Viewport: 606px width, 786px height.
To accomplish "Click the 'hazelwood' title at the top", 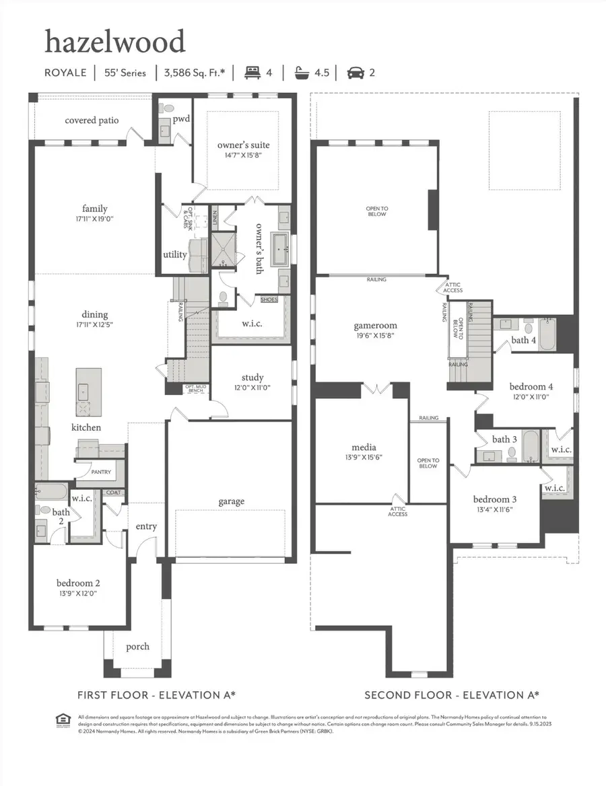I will pyautogui.click(x=114, y=42).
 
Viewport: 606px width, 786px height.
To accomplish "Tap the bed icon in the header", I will pyautogui.click(x=253, y=73).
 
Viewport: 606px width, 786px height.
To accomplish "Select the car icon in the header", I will pyautogui.click(x=353, y=73).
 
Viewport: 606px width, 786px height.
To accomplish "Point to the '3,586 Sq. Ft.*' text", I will pyautogui.click(x=193, y=73).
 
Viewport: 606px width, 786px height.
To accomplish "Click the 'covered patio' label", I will pyautogui.click(x=92, y=120).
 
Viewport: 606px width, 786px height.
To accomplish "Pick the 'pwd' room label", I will pyautogui.click(x=181, y=119).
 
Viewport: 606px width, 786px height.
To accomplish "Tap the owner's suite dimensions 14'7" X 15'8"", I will pyautogui.click(x=243, y=155).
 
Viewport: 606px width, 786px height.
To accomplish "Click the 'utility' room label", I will pyautogui.click(x=175, y=255).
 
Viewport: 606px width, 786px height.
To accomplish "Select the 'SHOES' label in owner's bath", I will pyautogui.click(x=269, y=300).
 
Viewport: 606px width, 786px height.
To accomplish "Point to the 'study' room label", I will pyautogui.click(x=252, y=378).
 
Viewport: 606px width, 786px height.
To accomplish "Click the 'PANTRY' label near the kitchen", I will pyautogui.click(x=102, y=472).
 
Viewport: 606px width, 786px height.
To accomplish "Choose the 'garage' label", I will pyautogui.click(x=231, y=501).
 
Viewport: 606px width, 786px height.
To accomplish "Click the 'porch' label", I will pyautogui.click(x=138, y=647).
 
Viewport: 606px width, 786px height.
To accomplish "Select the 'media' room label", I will pyautogui.click(x=364, y=447).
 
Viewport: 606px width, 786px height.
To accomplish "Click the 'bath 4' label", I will pyautogui.click(x=523, y=340).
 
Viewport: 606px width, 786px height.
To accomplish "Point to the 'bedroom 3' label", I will pyautogui.click(x=495, y=499).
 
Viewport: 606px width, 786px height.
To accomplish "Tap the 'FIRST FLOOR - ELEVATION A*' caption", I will pyautogui.click(x=156, y=694).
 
